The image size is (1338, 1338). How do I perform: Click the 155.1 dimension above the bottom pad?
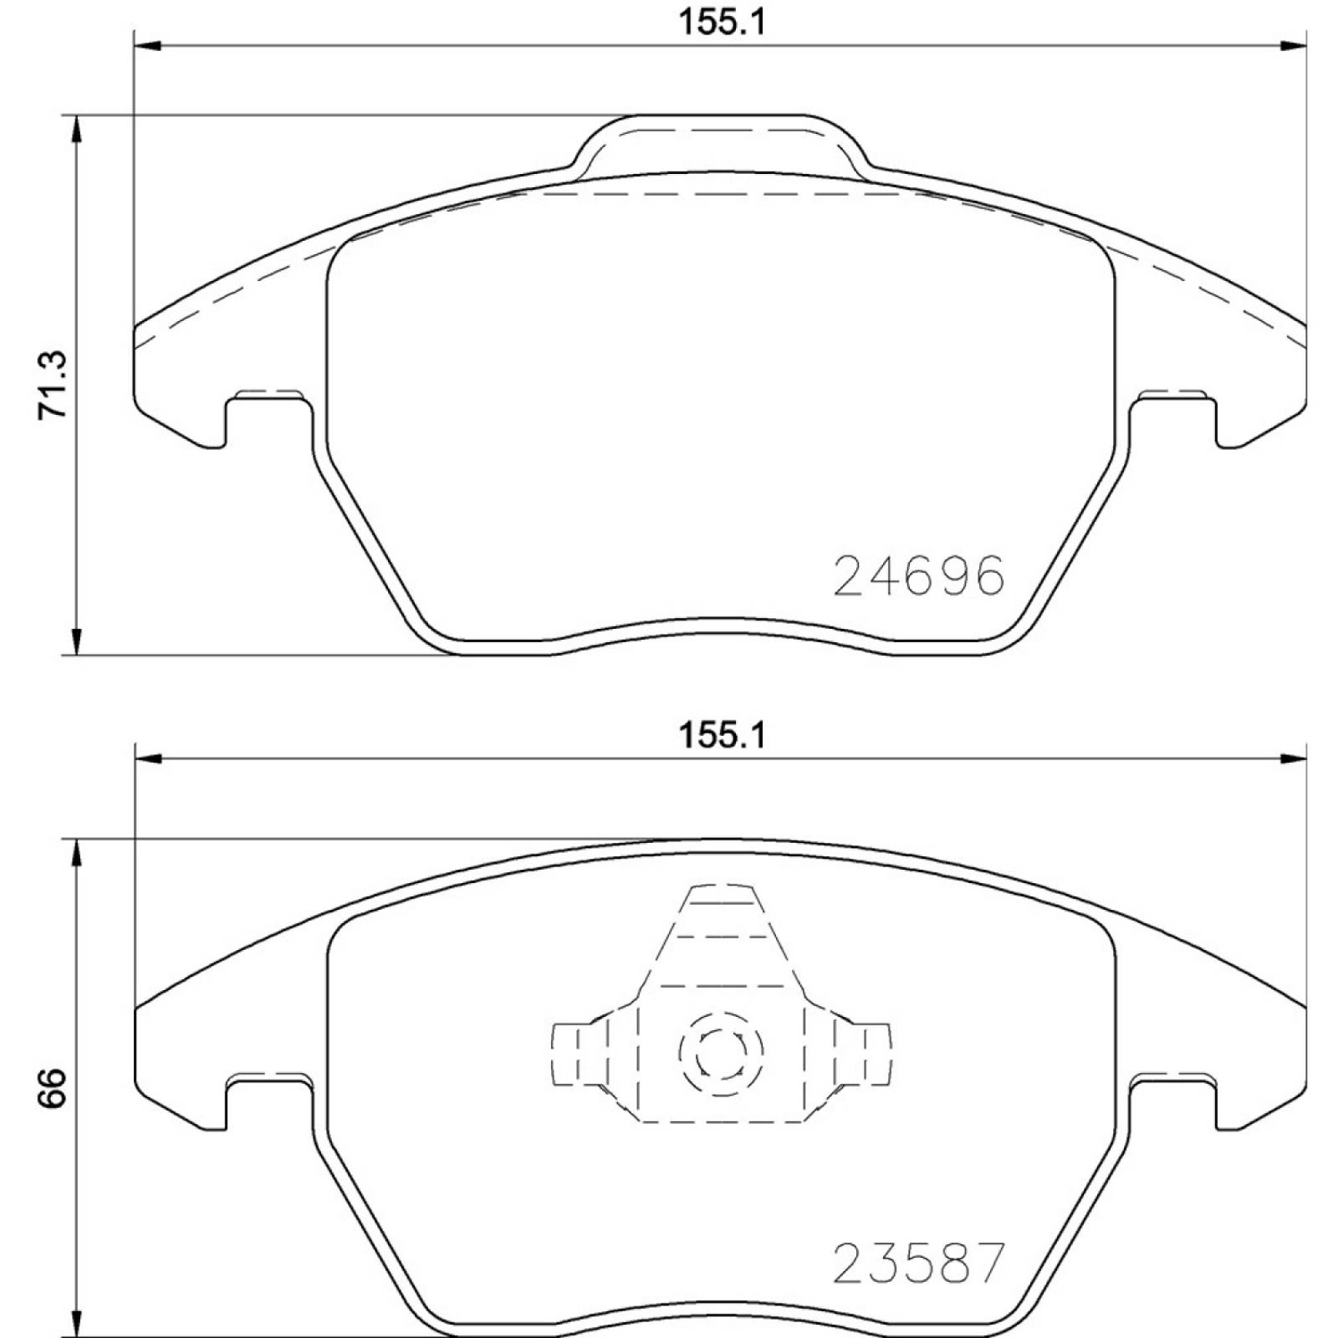(721, 736)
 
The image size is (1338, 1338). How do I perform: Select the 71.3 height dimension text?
(52, 385)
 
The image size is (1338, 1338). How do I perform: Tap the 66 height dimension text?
(52, 1087)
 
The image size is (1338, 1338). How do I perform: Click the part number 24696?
(918, 577)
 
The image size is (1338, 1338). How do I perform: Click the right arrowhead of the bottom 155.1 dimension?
(1293, 758)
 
